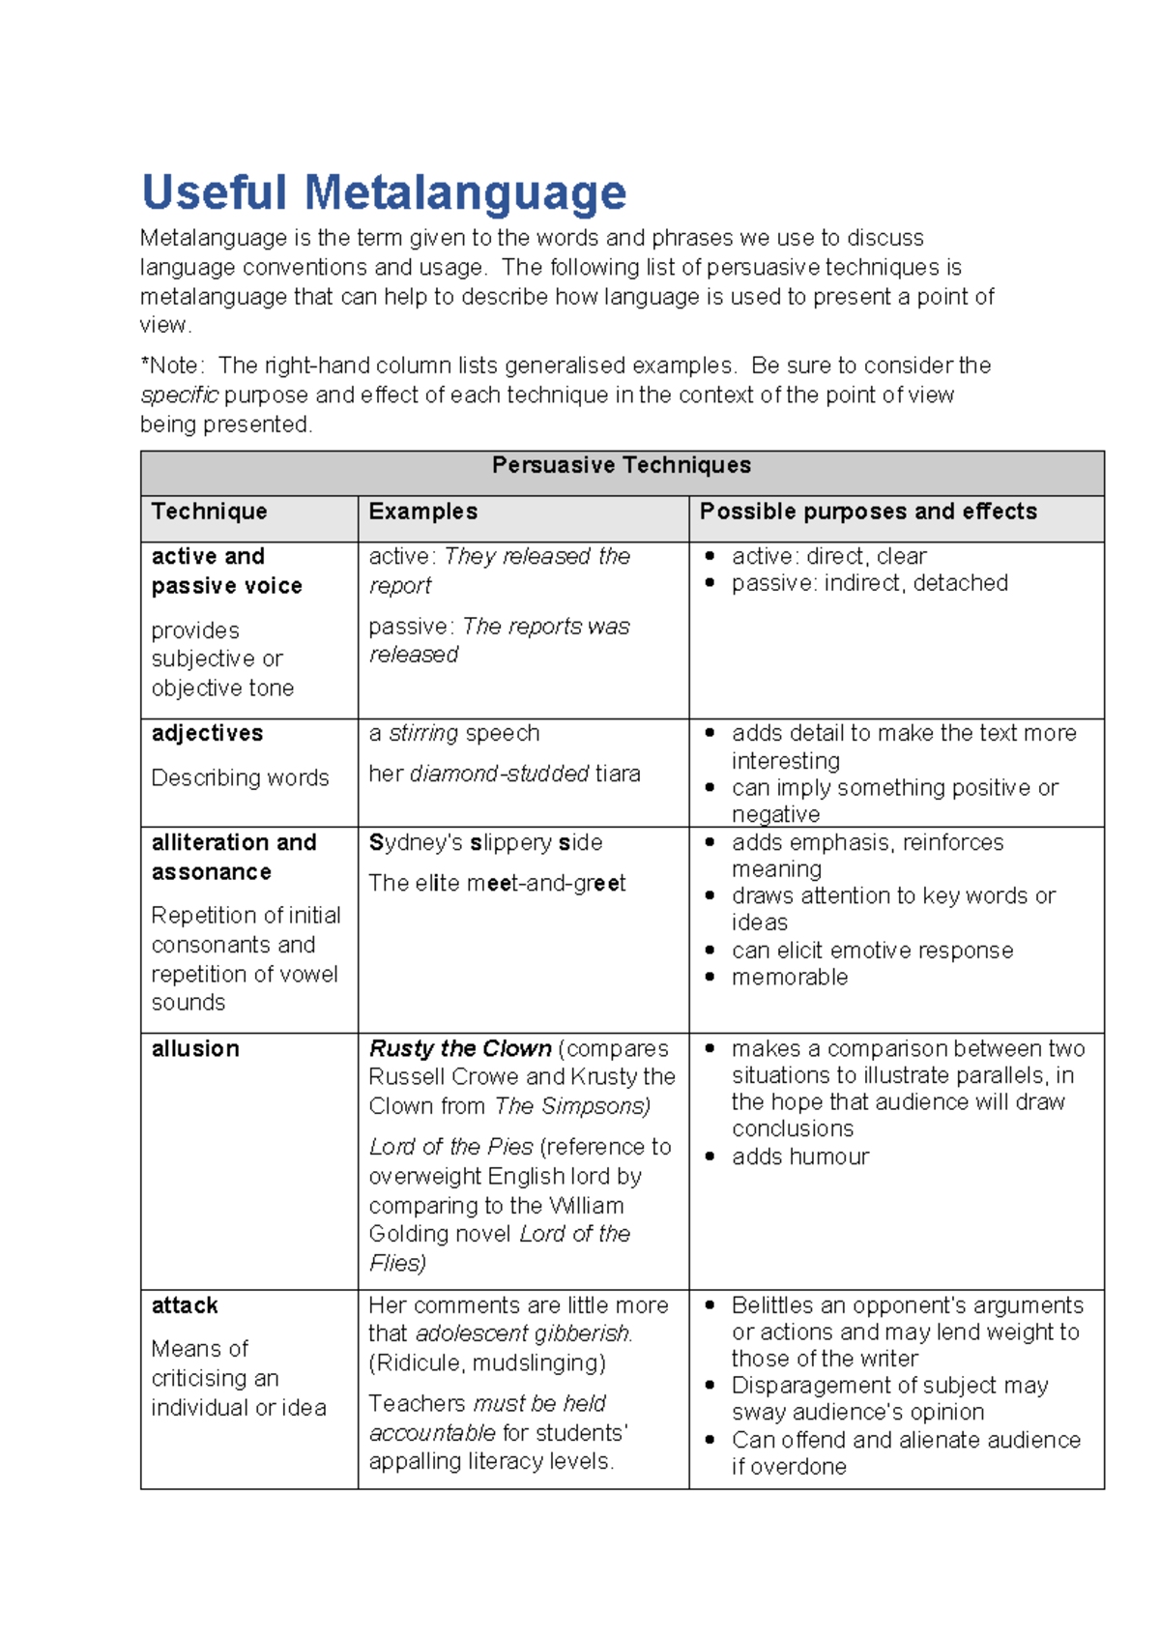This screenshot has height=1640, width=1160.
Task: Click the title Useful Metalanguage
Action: click(x=384, y=192)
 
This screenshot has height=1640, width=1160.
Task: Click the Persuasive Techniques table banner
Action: click(x=621, y=466)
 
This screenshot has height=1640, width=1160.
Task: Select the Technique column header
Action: click(x=209, y=512)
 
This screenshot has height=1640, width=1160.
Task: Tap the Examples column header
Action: click(x=422, y=512)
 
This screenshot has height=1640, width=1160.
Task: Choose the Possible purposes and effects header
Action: click(x=867, y=512)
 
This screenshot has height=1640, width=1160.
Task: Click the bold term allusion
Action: click(x=195, y=1049)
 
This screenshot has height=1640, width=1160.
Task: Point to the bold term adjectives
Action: click(x=207, y=734)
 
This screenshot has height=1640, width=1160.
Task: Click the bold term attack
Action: click(x=185, y=1306)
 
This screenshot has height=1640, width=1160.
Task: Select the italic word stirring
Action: click(x=423, y=734)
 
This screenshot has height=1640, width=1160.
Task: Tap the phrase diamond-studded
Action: click(x=499, y=775)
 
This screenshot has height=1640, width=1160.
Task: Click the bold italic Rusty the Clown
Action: click(x=460, y=1049)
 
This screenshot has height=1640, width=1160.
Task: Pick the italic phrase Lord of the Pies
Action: click(x=450, y=1148)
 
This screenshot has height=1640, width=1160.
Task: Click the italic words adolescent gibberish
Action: click(x=523, y=1334)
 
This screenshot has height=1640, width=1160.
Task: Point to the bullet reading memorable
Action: click(x=789, y=978)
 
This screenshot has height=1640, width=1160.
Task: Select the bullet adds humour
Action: click(x=799, y=1157)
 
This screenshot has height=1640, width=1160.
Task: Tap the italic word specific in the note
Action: click(x=179, y=395)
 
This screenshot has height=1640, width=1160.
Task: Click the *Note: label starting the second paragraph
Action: click(x=172, y=366)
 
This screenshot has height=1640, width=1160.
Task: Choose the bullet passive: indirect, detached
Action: click(x=868, y=584)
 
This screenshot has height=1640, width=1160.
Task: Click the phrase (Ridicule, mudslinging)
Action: click(x=486, y=1363)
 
